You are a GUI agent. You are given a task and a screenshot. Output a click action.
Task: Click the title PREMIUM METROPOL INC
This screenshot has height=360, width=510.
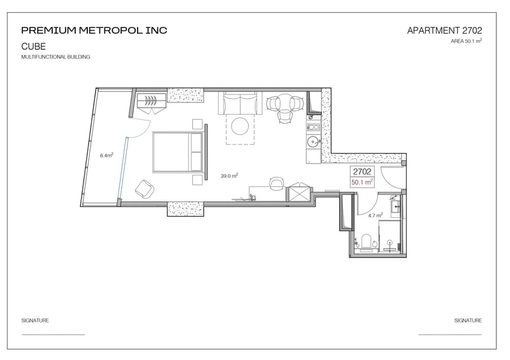coord(94,31)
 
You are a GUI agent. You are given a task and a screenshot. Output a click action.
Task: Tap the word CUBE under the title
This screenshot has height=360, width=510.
coord(34,47)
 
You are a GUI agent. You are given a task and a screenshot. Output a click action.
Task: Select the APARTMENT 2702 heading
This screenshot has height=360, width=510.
coord(444,31)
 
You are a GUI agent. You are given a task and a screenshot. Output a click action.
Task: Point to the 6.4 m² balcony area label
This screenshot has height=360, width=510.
coord(106,155)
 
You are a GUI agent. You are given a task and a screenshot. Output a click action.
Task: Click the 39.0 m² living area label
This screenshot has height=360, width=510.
coord(229,176)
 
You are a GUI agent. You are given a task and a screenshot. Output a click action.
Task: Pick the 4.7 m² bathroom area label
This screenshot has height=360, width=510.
coord(375,215)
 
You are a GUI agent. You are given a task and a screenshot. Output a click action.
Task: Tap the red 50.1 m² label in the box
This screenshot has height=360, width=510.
coord(362,182)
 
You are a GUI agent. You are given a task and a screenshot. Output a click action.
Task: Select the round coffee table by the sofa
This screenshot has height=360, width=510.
coord(240,126)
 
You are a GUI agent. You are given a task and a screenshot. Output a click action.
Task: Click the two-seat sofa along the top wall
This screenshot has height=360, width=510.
coord(240,103)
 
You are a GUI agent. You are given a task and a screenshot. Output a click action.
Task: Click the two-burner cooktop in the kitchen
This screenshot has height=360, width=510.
coord(314,127)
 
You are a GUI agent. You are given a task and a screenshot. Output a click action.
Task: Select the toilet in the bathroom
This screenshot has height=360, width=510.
coord(367,243)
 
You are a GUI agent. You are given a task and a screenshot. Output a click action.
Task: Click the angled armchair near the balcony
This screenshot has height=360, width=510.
coord(145,189)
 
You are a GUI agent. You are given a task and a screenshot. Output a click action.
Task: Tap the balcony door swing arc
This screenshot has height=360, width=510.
coord(144,130)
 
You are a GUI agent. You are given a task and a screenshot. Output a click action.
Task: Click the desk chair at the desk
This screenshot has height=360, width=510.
coord(277,184)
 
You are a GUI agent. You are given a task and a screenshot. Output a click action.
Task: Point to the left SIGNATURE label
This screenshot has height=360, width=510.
coord(35,320)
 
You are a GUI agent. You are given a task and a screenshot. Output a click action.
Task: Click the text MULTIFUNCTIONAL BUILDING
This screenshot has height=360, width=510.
coord(55,57)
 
